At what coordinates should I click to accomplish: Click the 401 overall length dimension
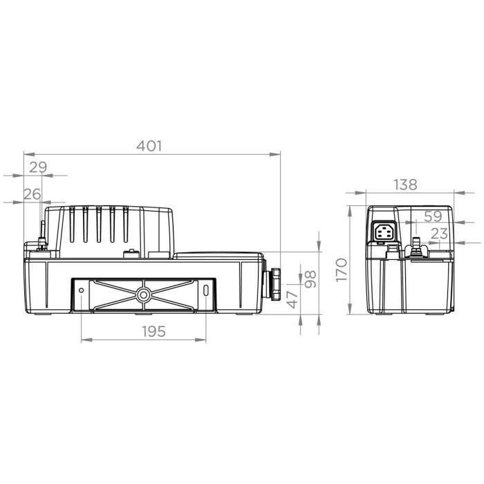click(149, 145)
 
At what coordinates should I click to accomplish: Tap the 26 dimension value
click(32, 194)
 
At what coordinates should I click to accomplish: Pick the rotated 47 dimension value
click(292, 299)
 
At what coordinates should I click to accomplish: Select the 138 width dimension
click(405, 185)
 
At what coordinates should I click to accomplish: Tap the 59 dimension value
click(433, 216)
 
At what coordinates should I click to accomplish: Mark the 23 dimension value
click(438, 234)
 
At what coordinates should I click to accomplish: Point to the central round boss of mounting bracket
click(144, 295)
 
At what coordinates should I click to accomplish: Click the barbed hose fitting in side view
click(417, 247)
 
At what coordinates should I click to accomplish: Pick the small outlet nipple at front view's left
click(41, 239)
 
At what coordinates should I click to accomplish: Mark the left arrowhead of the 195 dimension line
click(84, 340)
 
